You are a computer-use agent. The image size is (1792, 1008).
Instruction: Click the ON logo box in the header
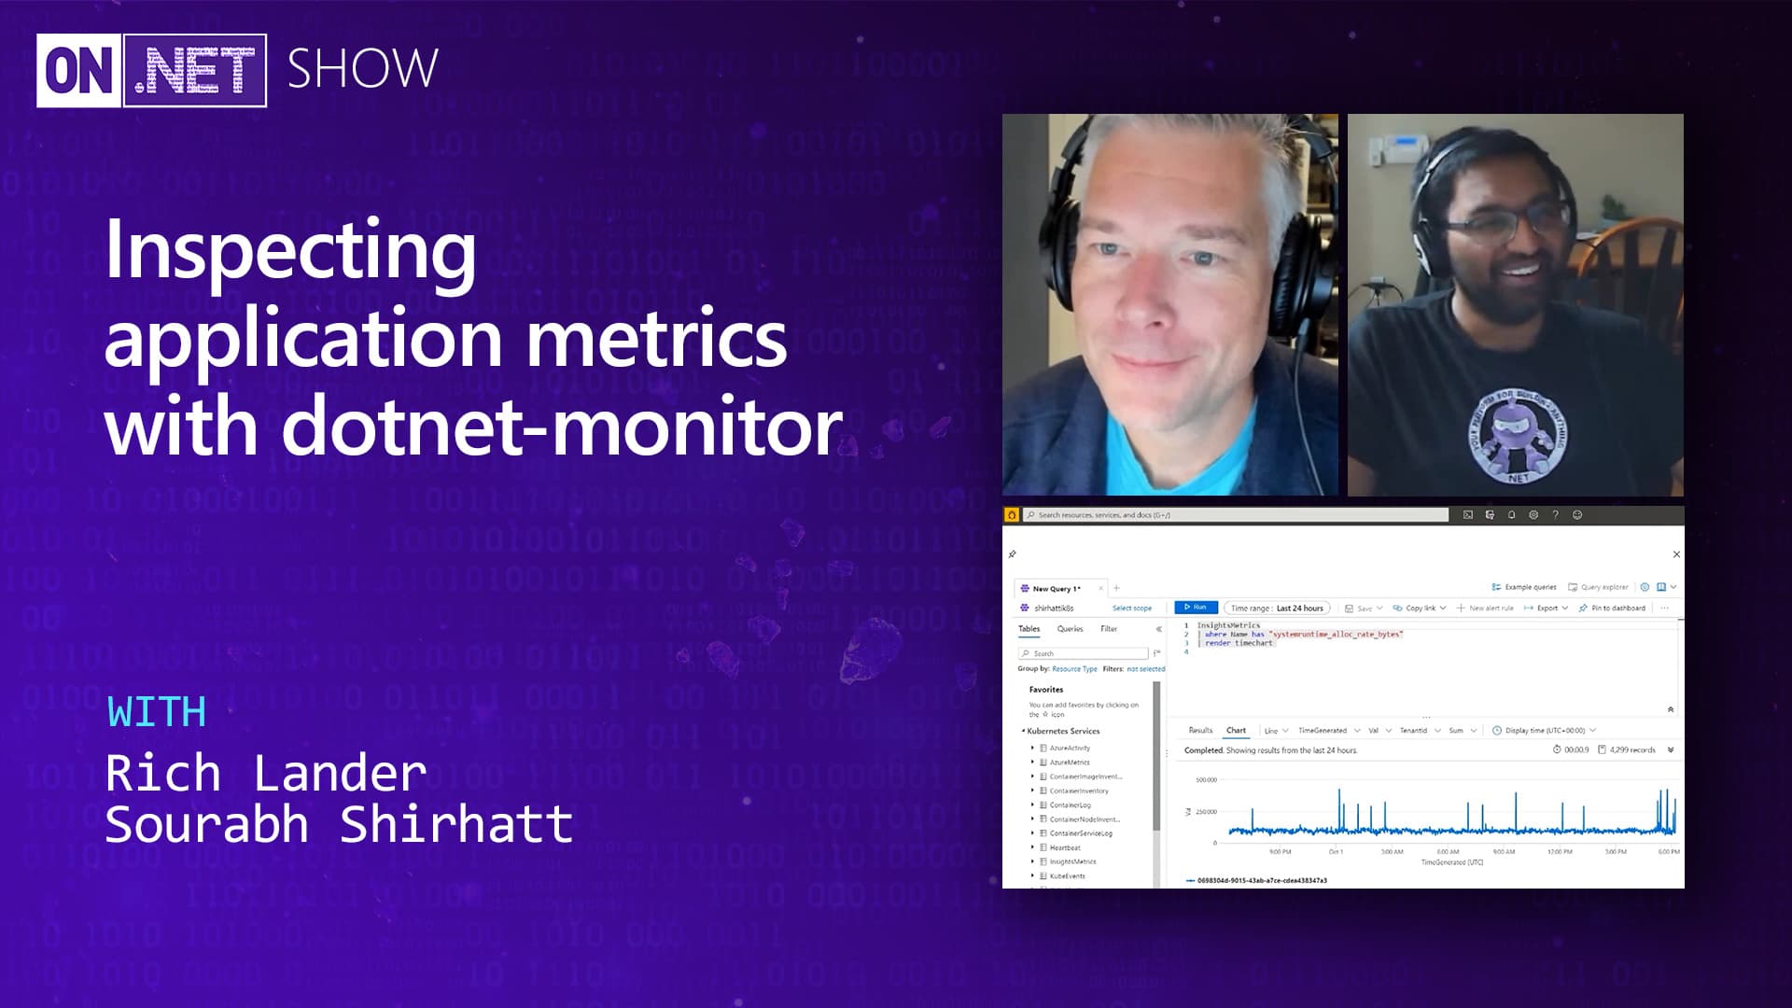[79, 71]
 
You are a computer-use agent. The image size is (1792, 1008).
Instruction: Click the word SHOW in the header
[362, 69]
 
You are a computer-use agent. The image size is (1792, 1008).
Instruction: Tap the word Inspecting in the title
[290, 249]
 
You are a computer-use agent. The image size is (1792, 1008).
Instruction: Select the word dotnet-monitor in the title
[563, 426]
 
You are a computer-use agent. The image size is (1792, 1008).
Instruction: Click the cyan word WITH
[157, 712]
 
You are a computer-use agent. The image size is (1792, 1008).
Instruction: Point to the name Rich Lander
[266, 774]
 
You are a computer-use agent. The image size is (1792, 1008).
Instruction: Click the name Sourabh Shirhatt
[339, 824]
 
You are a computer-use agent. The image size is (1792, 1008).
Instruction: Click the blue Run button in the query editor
[1196, 608]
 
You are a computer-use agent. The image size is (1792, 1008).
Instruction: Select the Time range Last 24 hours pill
[1276, 608]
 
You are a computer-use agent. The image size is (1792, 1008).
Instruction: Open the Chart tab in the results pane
[1236, 731]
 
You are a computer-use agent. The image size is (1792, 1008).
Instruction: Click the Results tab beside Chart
[1200, 731]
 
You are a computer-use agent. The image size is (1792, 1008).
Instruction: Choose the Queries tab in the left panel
[1070, 629]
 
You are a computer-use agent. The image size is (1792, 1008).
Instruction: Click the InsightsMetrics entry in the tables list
[1072, 861]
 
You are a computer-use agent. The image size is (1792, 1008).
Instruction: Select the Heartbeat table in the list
[1064, 847]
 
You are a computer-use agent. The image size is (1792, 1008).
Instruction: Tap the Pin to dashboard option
[1617, 608]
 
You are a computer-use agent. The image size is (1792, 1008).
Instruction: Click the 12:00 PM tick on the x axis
[1560, 852]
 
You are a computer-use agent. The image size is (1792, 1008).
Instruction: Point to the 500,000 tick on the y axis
[1206, 780]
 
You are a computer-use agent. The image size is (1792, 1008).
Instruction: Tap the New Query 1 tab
[1056, 589]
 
